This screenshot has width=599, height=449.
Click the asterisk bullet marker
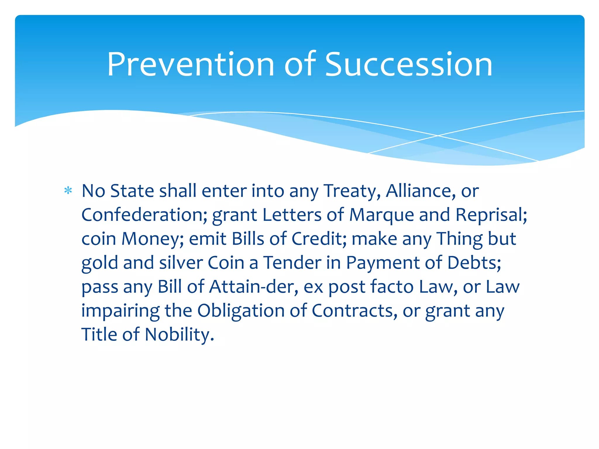pyautogui.click(x=68, y=191)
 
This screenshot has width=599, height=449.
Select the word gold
pyautogui.click(x=100, y=263)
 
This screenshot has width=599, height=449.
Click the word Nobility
pyautogui.click(x=179, y=334)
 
